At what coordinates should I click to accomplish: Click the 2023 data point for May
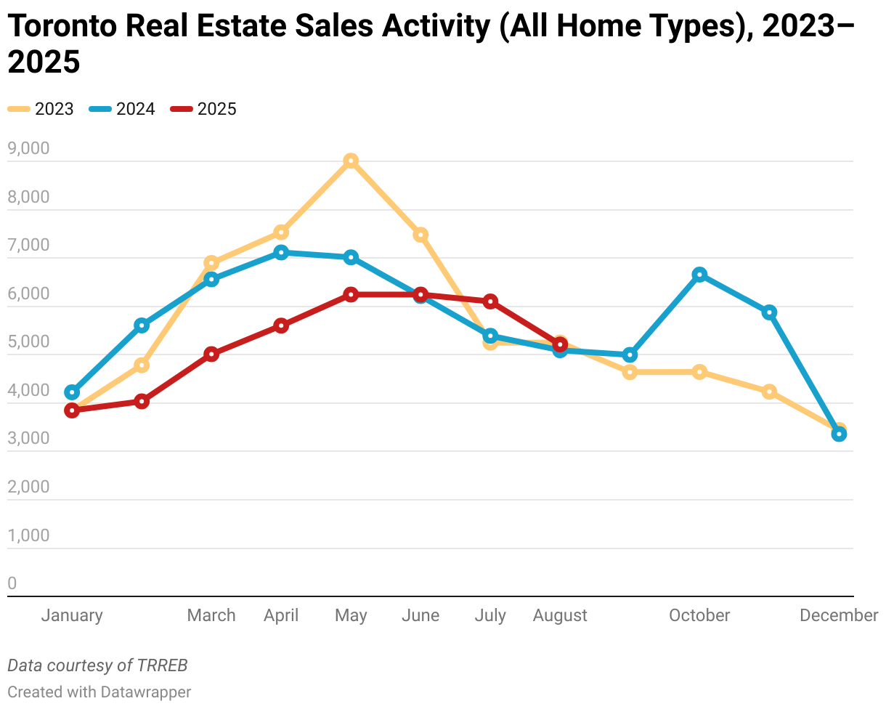click(x=351, y=161)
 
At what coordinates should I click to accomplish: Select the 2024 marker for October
click(x=699, y=275)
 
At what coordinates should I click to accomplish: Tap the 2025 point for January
click(x=72, y=410)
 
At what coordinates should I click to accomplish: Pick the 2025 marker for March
click(x=211, y=354)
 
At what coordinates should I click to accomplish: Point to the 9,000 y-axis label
click(x=28, y=149)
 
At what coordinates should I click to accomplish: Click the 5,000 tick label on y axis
click(x=28, y=342)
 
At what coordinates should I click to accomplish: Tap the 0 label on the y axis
click(x=12, y=584)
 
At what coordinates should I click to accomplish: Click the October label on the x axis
click(x=699, y=616)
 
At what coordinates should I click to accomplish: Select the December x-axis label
click(x=839, y=616)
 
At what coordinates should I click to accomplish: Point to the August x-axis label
click(x=560, y=616)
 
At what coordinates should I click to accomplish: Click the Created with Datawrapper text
click(x=99, y=692)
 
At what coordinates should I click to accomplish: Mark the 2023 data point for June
click(x=420, y=235)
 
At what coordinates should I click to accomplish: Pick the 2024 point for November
click(x=769, y=312)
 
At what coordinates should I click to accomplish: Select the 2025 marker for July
click(x=490, y=301)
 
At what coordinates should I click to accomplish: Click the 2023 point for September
click(x=630, y=372)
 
